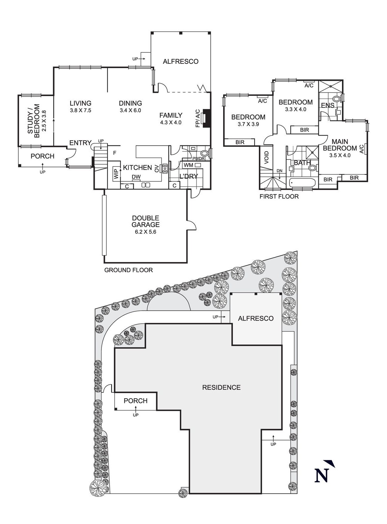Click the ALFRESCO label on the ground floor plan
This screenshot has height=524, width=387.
click(180, 61)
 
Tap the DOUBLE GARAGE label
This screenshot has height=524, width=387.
click(145, 221)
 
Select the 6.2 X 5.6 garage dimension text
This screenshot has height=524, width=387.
click(145, 231)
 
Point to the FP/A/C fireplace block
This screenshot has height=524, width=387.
click(207, 118)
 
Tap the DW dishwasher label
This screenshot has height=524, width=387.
click(136, 177)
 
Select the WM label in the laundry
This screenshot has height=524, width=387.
click(188, 165)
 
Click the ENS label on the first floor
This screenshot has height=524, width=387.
click(328, 106)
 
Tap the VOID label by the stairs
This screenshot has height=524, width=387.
click(266, 157)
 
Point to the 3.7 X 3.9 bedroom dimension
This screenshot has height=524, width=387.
click(248, 124)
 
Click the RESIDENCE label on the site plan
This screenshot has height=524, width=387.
click(222, 387)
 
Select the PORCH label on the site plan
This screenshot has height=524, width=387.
click(135, 401)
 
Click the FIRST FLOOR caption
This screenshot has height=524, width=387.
click(279, 197)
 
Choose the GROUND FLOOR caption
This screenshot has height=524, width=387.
click(128, 270)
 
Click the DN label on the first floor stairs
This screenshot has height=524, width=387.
click(280, 171)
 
